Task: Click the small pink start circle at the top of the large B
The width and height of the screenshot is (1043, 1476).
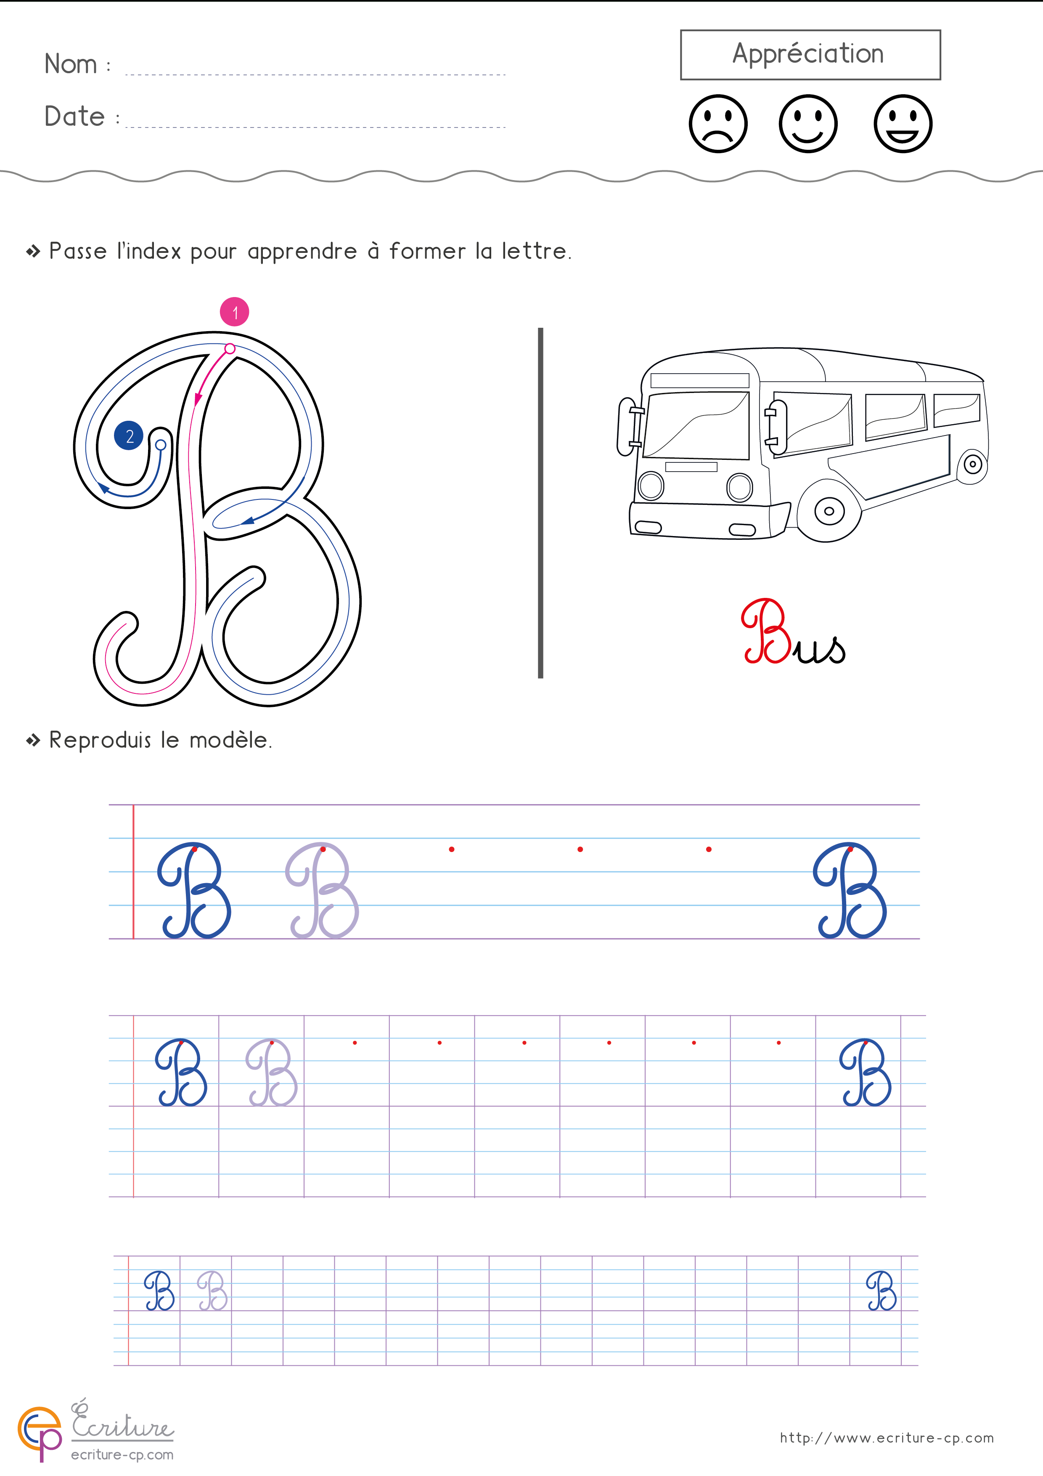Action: click(230, 348)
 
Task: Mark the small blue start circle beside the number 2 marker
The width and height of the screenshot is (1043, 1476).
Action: click(161, 445)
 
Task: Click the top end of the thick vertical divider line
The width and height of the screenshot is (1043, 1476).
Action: click(540, 329)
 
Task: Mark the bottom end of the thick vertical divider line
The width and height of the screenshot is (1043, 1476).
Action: click(540, 677)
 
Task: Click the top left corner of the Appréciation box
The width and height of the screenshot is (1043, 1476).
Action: click(681, 30)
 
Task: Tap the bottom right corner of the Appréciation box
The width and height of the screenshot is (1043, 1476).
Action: click(940, 79)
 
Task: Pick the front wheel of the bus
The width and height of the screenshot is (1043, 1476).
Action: click(829, 512)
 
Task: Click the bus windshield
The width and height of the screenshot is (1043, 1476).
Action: click(697, 425)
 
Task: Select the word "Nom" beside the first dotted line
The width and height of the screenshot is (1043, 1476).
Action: click(71, 64)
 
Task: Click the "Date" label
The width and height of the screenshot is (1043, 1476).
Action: click(74, 117)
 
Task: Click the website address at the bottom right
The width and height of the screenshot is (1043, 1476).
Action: click(887, 1438)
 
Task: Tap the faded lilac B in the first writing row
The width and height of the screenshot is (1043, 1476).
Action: click(322, 890)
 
